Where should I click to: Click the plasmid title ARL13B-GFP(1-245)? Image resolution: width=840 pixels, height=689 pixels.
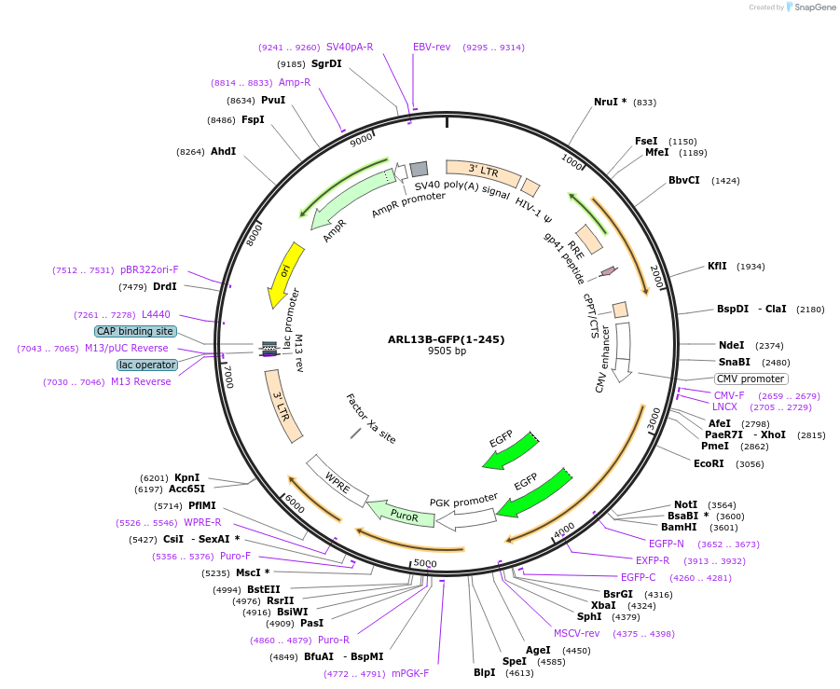(x=447, y=339)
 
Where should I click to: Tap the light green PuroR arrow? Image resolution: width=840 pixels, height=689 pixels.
(x=402, y=514)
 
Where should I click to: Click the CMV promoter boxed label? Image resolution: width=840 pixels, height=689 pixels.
(x=750, y=379)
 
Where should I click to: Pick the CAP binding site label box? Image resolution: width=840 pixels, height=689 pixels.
(x=134, y=331)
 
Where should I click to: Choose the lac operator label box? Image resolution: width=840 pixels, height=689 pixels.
(x=146, y=365)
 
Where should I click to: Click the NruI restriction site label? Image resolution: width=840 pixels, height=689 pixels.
(x=611, y=102)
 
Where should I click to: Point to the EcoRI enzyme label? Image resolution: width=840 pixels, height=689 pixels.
(x=709, y=463)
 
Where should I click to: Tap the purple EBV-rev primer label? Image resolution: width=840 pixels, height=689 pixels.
(x=432, y=47)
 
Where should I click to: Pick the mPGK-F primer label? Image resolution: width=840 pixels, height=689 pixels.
(x=410, y=673)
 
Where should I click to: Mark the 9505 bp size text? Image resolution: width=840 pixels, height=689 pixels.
(x=447, y=351)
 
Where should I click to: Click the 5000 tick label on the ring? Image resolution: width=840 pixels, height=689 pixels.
(x=425, y=563)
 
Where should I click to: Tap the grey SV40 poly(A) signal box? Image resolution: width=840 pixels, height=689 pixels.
(x=419, y=169)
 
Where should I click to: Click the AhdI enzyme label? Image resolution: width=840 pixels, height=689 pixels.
(x=223, y=151)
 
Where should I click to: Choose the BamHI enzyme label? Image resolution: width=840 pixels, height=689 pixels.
(x=681, y=527)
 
